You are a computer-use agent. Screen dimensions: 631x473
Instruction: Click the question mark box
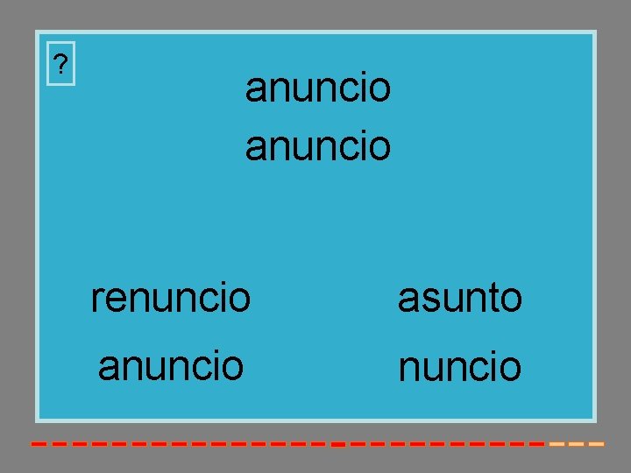[x=60, y=64]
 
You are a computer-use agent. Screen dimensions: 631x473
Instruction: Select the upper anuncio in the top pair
[x=317, y=88]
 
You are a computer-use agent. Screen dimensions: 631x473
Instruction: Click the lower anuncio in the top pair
[x=317, y=145]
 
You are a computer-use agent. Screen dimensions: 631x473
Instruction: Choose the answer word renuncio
[x=170, y=298]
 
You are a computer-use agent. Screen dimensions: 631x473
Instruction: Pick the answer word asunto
[x=460, y=299]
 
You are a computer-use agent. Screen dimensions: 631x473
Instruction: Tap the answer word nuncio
[x=460, y=367]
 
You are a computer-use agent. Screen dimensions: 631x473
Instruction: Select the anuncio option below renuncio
[x=170, y=364]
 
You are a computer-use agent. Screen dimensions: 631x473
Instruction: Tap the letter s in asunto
[x=427, y=300]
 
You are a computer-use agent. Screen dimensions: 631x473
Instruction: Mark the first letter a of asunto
[x=408, y=300]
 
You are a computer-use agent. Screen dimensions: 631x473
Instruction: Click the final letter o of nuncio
[x=510, y=369]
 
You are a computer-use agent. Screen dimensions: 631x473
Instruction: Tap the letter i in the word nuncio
[x=493, y=366]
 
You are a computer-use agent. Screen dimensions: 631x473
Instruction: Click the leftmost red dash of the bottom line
[x=39, y=444]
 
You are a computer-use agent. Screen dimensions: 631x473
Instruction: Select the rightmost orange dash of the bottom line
[x=596, y=444]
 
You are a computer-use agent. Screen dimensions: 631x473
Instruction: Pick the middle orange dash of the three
[x=576, y=444]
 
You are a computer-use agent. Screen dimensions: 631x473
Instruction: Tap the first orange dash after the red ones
[x=557, y=444]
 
